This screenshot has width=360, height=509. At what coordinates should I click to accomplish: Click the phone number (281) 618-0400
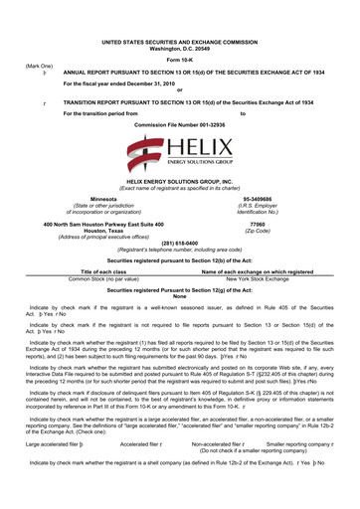pyautogui.click(x=180, y=244)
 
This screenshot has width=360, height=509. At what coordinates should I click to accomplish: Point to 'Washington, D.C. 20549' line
pyautogui.click(x=180, y=50)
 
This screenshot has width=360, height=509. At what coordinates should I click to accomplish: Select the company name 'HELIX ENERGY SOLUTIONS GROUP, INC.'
pyautogui.click(x=180, y=183)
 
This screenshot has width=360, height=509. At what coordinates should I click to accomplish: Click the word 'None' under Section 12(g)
pyautogui.click(x=180, y=296)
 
